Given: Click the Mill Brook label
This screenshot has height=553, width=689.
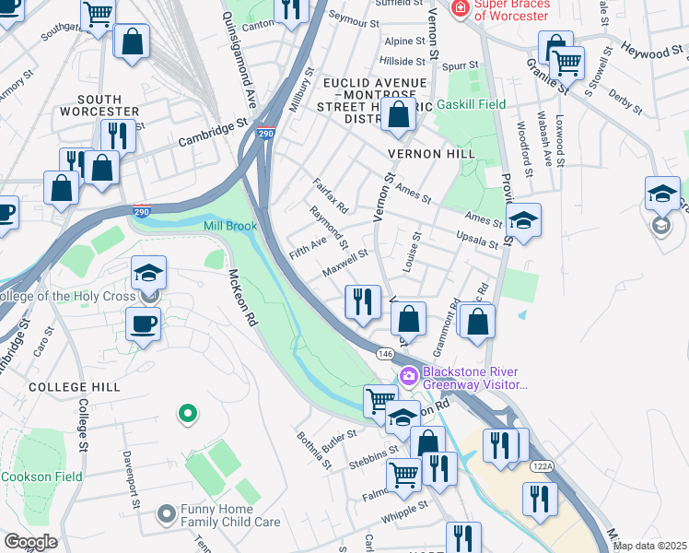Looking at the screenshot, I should point(229,226).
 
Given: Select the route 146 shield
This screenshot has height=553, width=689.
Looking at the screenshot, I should point(384,354).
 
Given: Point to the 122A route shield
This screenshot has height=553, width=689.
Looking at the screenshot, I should point(543,467).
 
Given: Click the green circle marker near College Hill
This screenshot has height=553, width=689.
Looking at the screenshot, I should point(188,414).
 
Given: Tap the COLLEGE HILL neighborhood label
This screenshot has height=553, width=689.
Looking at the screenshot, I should point(74,387).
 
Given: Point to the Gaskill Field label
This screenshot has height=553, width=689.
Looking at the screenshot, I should point(477,104).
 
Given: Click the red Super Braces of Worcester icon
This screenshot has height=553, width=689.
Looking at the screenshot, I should point(458,8).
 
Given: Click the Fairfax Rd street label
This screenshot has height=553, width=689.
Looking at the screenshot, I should point(329,194).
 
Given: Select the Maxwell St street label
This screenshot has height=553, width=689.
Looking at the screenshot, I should point(345,265).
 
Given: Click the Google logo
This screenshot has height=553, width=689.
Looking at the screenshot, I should point(30,542).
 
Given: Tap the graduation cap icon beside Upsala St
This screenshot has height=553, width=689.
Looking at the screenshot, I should point(523,220).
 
